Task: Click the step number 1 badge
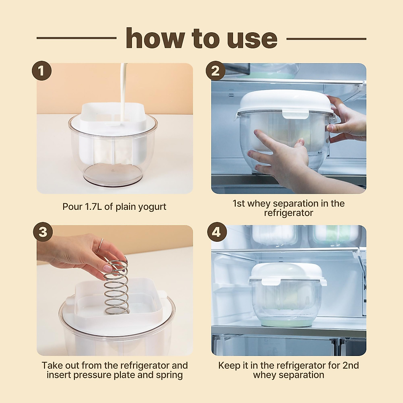[x=42, y=71]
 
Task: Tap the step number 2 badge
[x=216, y=71]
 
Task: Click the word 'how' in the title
[x=155, y=39]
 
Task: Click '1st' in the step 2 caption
[x=239, y=204]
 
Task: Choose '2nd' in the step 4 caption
[x=350, y=365]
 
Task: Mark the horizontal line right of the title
[x=326, y=39]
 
